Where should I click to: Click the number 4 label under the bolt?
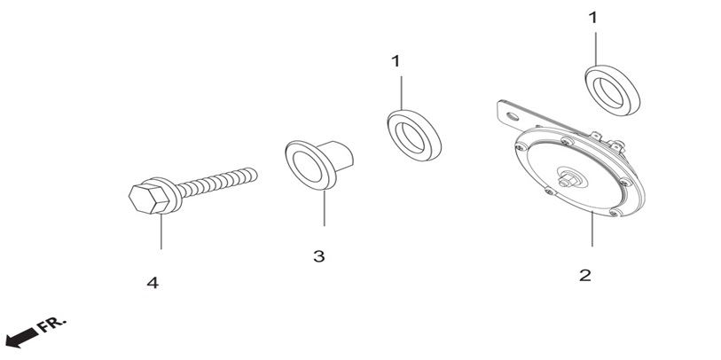(153, 283)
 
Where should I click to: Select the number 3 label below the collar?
(318, 256)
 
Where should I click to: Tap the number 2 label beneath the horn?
(585, 276)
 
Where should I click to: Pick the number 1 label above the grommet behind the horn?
(593, 18)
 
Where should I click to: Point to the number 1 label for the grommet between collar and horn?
(396, 61)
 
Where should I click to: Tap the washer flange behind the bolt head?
(171, 195)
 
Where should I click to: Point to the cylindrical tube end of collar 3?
(341, 154)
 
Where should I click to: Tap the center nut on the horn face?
(567, 180)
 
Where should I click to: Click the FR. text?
(52, 325)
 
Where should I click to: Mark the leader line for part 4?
(161, 231)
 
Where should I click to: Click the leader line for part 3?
(325, 208)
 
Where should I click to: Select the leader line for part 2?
(592, 230)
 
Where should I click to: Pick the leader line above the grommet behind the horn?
(596, 49)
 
